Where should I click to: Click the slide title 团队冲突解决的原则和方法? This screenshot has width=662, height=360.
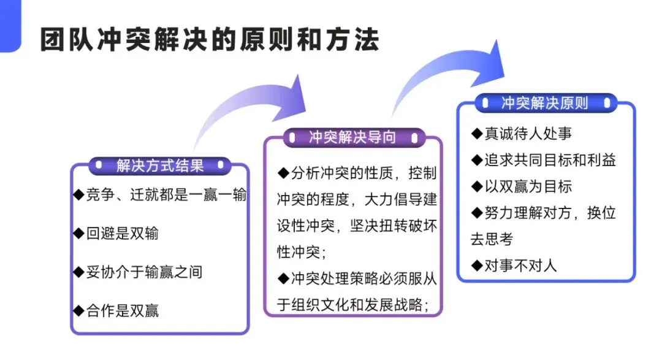210,40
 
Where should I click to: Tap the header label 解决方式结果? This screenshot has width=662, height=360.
160,166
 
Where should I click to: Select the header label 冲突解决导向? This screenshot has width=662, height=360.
352,137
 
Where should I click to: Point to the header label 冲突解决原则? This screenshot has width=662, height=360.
545,103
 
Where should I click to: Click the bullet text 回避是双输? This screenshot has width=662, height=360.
123,233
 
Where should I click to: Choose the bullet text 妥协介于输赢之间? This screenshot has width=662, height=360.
145,272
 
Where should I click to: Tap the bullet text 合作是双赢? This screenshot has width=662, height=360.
123,311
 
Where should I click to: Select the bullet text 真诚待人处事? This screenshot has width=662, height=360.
528,134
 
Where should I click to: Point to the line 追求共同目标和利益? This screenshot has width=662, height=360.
550,160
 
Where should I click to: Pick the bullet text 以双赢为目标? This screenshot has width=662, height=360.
528,186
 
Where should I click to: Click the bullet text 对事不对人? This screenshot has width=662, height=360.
520,266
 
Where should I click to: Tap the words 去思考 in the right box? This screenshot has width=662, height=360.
492,240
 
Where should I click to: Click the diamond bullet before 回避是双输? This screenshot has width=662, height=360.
79,233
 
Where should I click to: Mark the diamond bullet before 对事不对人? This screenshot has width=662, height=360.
477,266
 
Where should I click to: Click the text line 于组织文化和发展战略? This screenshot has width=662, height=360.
353,305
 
